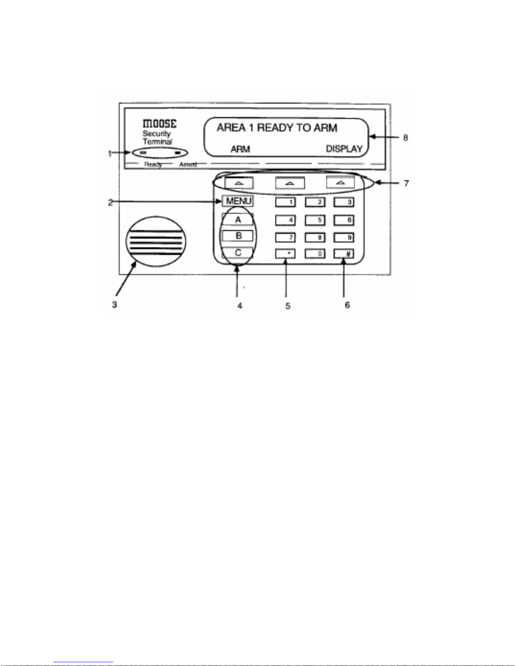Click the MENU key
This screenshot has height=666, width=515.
tap(238, 201)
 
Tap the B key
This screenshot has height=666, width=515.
tap(238, 236)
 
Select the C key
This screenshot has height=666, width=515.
tap(238, 253)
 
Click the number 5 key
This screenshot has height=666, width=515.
tap(315, 220)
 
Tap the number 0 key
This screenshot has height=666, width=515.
tap(315, 254)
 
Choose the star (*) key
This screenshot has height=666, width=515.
tap(285, 254)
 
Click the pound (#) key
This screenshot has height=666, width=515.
tap(344, 254)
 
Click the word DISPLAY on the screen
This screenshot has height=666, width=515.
tap(344, 149)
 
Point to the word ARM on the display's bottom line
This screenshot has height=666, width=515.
tap(240, 149)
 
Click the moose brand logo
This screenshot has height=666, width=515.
tap(159, 124)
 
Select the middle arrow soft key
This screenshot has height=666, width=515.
tap(290, 183)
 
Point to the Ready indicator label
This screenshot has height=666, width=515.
tap(153, 164)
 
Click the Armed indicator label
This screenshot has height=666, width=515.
tap(188, 164)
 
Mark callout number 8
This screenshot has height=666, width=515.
tap(405, 137)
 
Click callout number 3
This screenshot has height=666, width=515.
tap(114, 305)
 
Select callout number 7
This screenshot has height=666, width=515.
tap(406, 184)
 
